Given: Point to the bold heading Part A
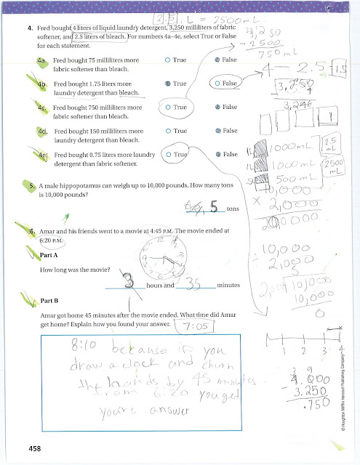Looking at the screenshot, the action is pos(52,254).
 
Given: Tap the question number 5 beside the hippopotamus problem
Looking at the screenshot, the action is pos(33,186).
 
